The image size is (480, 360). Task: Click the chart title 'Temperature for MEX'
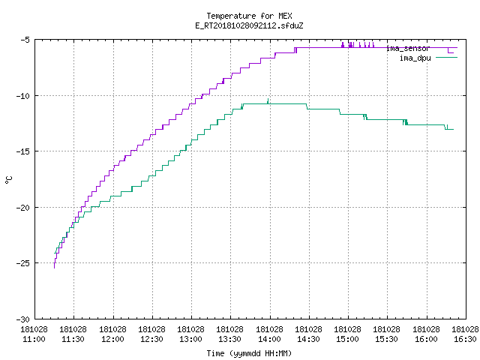[x=249, y=16]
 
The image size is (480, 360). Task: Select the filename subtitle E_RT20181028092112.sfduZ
[x=249, y=25]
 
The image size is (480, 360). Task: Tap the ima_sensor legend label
[x=408, y=48]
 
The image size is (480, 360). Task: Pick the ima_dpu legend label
[x=415, y=58]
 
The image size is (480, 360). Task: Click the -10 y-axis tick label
[x=22, y=96]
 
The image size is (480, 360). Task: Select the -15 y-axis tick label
[x=22, y=151]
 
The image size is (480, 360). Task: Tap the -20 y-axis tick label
[x=22, y=208]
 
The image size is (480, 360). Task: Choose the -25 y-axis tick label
[x=22, y=263]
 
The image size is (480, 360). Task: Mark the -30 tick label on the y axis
[x=22, y=319]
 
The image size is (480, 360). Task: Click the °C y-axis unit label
[x=9, y=180]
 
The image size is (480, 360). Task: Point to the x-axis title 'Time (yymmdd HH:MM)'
[x=249, y=353]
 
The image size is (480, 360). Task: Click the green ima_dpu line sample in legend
[x=447, y=58]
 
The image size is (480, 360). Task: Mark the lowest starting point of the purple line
[x=55, y=268]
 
